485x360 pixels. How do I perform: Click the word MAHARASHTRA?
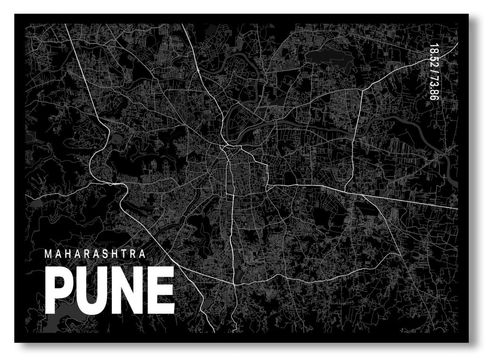click(x=95, y=254)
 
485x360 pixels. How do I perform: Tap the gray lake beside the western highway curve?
click(x=115, y=140)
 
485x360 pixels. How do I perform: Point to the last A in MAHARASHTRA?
click(x=141, y=254)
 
